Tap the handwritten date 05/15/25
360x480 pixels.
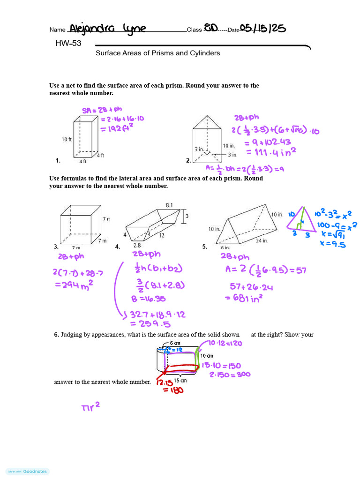coord(262,29)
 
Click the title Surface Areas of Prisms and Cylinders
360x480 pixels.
coord(158,53)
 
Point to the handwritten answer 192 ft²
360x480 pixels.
coord(118,128)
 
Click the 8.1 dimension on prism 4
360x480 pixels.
coord(170,205)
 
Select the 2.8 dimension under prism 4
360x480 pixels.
coord(137,245)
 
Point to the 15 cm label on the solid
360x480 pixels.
coord(180,380)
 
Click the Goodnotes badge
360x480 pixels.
coord(28,472)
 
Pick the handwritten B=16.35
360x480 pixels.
coord(149,298)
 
